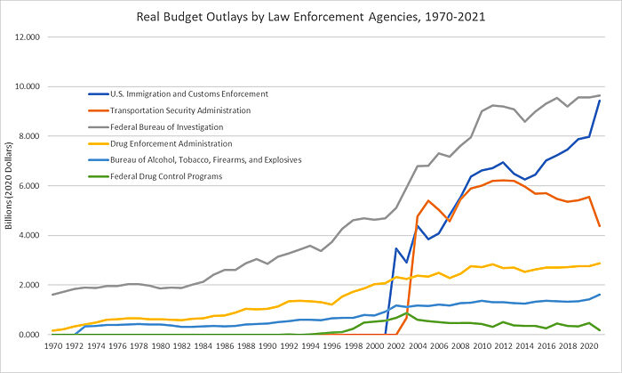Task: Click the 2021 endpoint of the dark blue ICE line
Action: click(601, 101)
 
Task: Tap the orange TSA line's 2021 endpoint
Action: click(601, 226)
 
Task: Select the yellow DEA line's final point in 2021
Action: click(601, 264)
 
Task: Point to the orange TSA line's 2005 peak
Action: click(428, 200)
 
